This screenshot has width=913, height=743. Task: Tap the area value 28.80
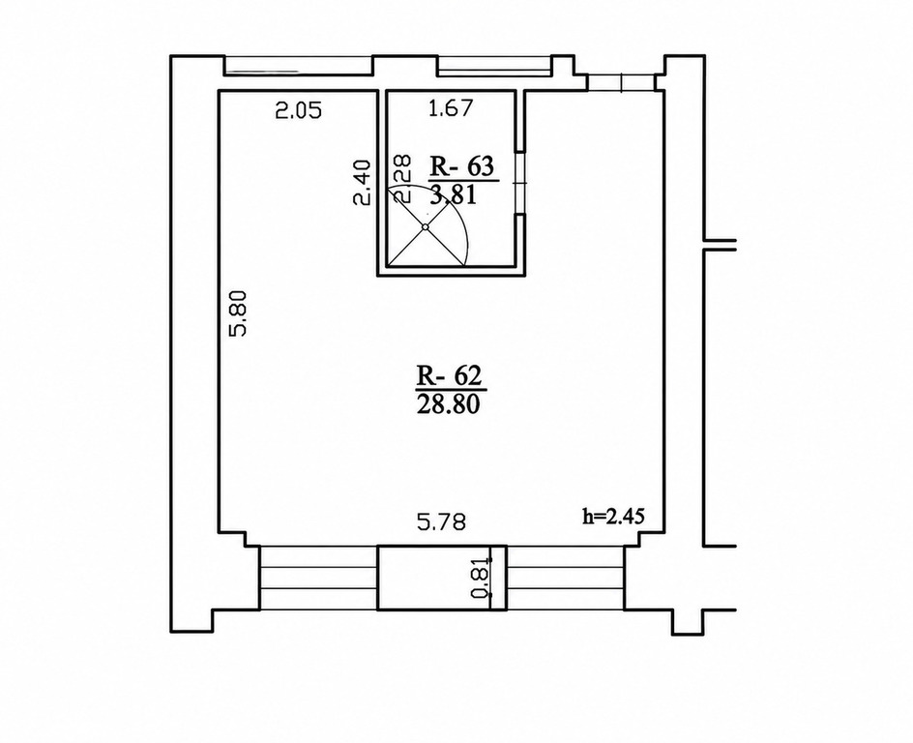(449, 404)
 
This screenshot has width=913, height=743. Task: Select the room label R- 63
(461, 166)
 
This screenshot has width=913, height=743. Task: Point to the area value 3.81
(454, 194)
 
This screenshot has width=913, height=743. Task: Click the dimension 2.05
(298, 110)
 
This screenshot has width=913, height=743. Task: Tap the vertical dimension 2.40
(362, 182)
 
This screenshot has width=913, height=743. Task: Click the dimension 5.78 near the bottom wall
(442, 521)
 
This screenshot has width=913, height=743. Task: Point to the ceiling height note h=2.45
(613, 516)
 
